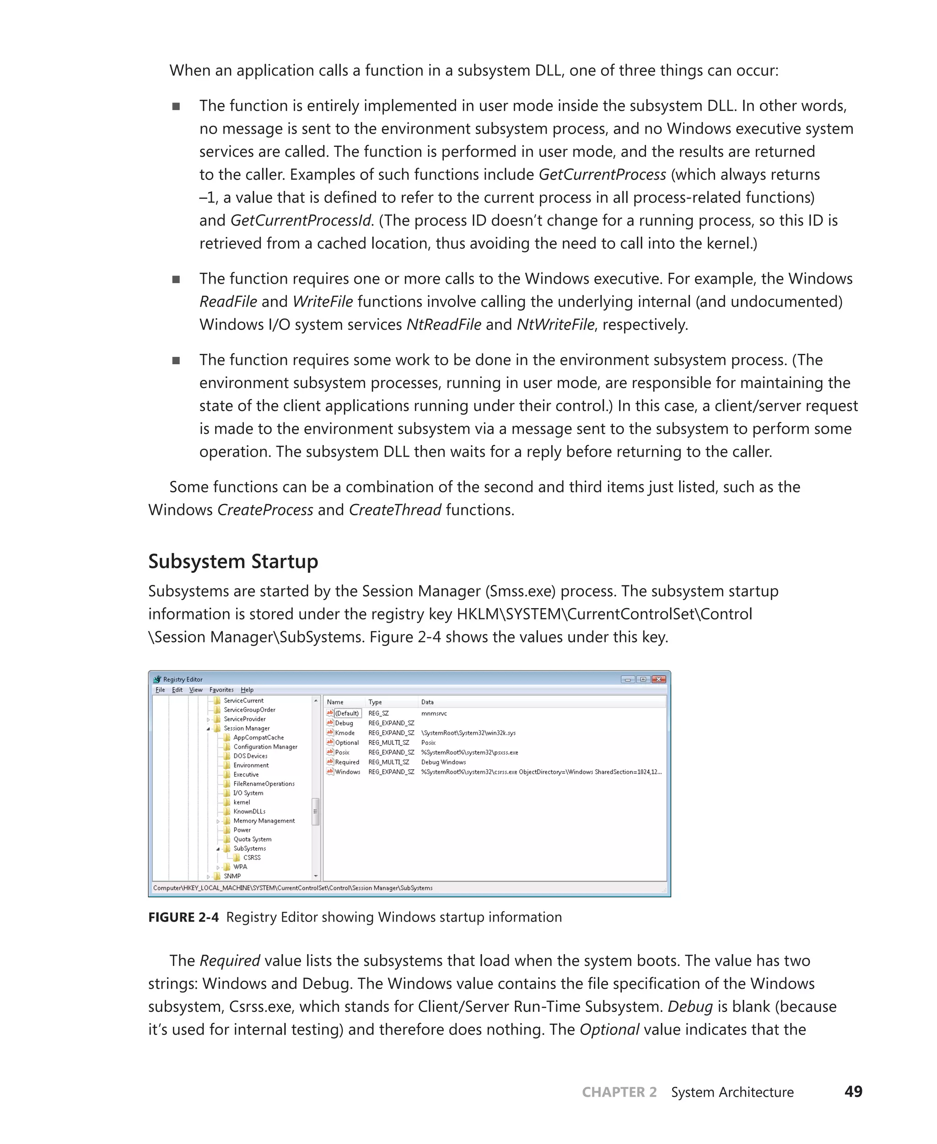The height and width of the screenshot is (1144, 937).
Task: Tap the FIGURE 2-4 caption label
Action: pyautogui.click(x=183, y=917)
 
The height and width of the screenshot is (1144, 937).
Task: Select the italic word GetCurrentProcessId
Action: pyautogui.click(x=301, y=220)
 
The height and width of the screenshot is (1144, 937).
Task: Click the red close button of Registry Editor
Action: pyautogui.click(x=658, y=679)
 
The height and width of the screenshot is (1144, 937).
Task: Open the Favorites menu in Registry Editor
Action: pyautogui.click(x=221, y=690)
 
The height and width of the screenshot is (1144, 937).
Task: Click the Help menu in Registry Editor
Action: pyautogui.click(x=247, y=690)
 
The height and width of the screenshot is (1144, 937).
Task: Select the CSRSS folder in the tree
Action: pyautogui.click(x=252, y=858)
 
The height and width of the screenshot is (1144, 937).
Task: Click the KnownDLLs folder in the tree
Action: pyautogui.click(x=249, y=811)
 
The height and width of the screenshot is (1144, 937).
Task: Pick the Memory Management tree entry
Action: pyautogui.click(x=264, y=820)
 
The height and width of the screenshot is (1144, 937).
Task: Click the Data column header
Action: pyautogui.click(x=427, y=702)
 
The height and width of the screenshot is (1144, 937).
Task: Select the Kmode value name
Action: pyautogui.click(x=345, y=733)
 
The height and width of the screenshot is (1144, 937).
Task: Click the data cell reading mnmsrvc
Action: pyautogui.click(x=433, y=714)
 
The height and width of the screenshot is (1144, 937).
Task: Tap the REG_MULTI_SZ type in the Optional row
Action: pyautogui.click(x=388, y=743)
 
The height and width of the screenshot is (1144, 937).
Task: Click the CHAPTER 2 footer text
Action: pyautogui.click(x=619, y=1092)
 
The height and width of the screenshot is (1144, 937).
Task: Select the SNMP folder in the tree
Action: pyautogui.click(x=232, y=876)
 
